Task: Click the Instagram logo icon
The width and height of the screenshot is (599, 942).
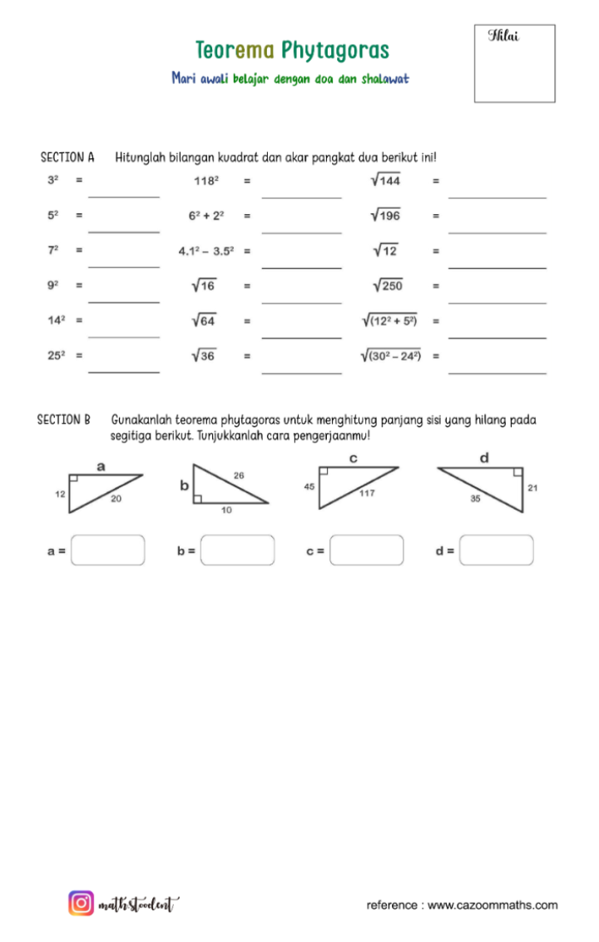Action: (x=81, y=903)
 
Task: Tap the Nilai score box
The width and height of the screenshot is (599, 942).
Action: (x=514, y=63)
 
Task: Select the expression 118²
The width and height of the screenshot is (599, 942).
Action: (x=205, y=180)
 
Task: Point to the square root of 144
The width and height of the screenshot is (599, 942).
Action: (x=386, y=180)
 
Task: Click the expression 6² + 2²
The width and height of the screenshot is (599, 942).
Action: (x=205, y=215)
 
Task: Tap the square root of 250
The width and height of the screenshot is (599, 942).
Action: (x=388, y=286)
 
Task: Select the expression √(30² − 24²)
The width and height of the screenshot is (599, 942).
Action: (x=390, y=356)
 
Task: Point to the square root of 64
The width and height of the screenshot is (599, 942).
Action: (x=204, y=321)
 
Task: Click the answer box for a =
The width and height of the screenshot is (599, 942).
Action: (x=107, y=551)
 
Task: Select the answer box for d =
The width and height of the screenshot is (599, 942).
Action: (x=496, y=551)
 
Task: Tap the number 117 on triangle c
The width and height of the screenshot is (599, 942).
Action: (x=366, y=493)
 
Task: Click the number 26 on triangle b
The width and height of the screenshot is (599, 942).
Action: (x=239, y=475)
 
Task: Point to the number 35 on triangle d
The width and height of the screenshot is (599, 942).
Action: (x=475, y=500)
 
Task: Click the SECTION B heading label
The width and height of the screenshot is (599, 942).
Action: (x=63, y=421)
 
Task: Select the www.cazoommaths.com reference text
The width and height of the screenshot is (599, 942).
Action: (x=493, y=905)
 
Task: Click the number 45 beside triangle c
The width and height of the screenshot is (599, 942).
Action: (x=309, y=486)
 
